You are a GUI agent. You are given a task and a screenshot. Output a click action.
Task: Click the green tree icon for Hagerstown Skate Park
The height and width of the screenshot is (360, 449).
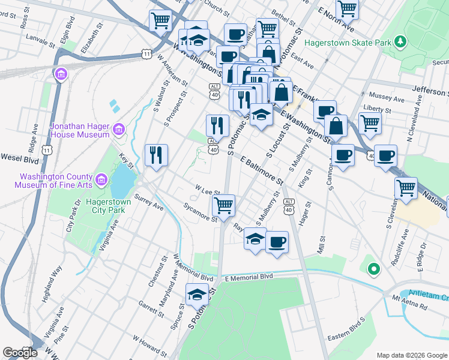(399, 42)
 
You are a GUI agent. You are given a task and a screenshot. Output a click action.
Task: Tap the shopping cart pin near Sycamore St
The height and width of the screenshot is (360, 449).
(223, 206)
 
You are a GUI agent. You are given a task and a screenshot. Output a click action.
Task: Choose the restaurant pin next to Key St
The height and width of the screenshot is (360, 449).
(155, 155)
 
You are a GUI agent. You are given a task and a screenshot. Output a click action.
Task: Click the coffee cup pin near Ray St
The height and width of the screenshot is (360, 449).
(277, 242)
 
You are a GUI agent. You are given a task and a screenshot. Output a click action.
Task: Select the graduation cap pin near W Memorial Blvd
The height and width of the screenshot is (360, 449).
(196, 295)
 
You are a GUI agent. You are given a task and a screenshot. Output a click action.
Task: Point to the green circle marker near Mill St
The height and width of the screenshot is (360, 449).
(373, 270)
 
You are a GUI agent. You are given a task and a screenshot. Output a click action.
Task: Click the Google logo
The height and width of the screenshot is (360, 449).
(20, 352)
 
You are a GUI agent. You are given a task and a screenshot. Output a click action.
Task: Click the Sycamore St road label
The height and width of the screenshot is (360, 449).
(200, 213)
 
